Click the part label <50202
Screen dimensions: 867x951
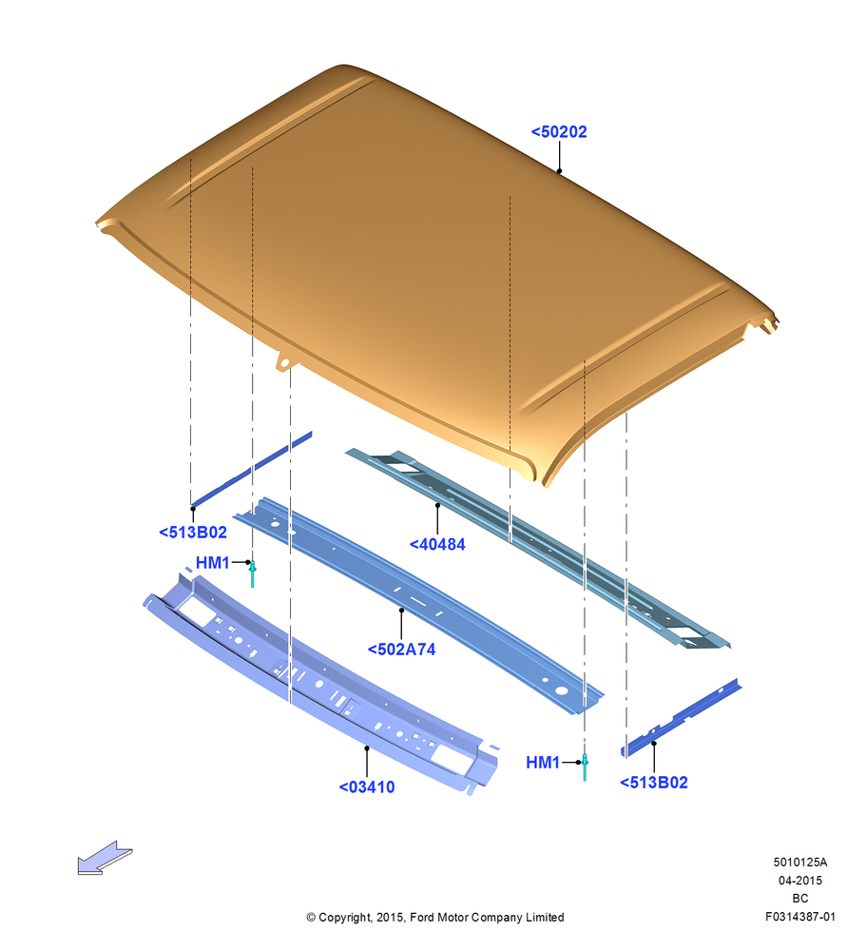[x=558, y=131]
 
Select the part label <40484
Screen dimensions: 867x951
[x=437, y=544]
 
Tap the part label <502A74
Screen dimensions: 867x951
[x=401, y=650]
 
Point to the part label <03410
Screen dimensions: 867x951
[x=367, y=786]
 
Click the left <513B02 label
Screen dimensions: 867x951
[x=193, y=532]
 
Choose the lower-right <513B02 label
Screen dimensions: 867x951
[x=654, y=783]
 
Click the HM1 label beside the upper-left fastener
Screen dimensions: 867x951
[x=212, y=563]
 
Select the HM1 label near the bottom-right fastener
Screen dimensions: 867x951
[x=543, y=763]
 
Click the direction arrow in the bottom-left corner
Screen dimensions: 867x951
[x=105, y=858]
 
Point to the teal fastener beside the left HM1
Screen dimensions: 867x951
[x=253, y=573]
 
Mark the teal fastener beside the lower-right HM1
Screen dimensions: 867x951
[x=585, y=767]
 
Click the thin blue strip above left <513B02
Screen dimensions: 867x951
[x=251, y=469]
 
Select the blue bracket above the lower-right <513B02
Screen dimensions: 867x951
[x=681, y=718]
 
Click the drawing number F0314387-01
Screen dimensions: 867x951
[x=800, y=917]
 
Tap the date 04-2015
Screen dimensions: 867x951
[x=800, y=880]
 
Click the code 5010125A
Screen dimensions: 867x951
[x=800, y=862]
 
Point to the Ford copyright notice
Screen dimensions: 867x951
[x=435, y=917]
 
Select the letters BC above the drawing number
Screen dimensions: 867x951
[x=800, y=899]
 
